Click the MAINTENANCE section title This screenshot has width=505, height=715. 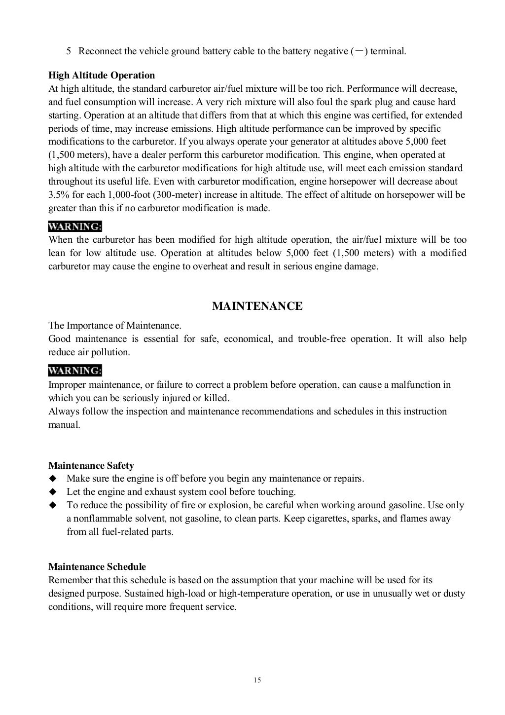point(257,306)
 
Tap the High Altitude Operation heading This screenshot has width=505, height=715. point(102,75)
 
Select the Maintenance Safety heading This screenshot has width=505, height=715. point(91,465)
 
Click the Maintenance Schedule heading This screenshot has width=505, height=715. point(97,566)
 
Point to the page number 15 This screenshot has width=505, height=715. point(257,680)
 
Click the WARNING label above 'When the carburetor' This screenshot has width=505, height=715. point(75,226)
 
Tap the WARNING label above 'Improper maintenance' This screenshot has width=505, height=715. point(75,371)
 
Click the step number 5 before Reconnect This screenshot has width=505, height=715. point(69,51)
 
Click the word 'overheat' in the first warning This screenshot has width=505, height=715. point(209,266)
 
